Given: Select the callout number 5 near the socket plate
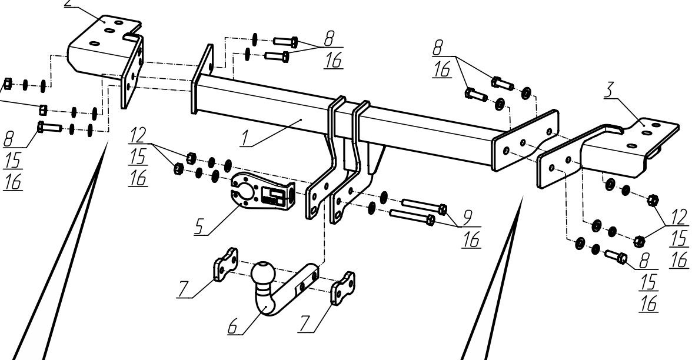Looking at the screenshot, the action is (200, 226).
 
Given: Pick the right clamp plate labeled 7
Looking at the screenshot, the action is (343, 288).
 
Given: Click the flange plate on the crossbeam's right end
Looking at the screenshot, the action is (525, 140).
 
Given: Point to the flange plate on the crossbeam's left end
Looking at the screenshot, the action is (202, 79).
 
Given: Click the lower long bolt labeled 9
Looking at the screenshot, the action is (412, 216).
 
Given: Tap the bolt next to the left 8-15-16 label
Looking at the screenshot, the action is (49, 128).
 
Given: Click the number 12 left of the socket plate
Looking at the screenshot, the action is (138, 136).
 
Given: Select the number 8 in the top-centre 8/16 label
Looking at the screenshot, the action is (330, 38).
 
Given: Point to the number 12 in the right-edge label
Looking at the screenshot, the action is (679, 218).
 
